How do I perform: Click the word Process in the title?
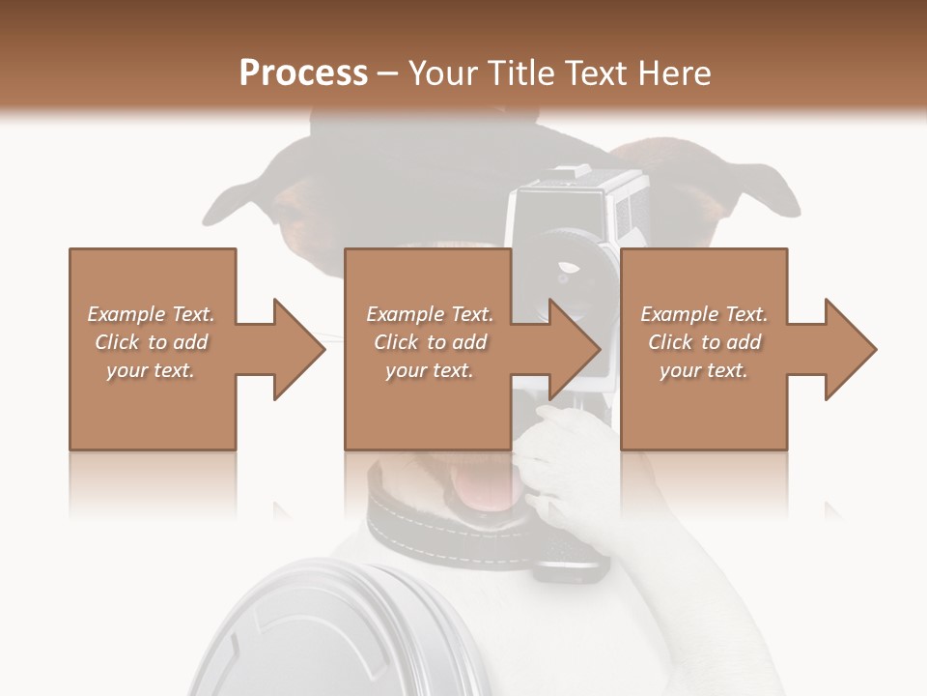[303, 72]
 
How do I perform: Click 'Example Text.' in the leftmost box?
[151, 314]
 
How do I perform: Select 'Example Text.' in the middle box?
[430, 314]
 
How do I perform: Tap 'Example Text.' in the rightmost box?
[704, 314]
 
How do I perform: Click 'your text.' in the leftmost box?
[151, 370]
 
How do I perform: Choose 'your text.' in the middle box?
[430, 370]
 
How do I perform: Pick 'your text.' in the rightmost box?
[704, 370]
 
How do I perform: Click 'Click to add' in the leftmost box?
[151, 342]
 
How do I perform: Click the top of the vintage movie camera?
[579, 180]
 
